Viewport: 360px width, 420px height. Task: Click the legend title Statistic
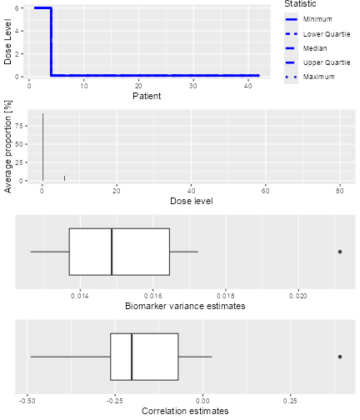pos(300,4)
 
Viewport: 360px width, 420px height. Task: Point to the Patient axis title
pos(147,97)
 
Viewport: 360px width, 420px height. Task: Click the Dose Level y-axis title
pos(7,42)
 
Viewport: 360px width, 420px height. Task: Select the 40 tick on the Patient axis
pos(247,86)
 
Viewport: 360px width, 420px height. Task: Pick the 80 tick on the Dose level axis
pos(340,191)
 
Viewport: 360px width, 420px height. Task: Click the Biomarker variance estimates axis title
pos(185,306)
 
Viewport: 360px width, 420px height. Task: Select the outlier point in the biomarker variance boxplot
pos(339,251)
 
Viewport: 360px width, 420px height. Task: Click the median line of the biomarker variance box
pos(112,251)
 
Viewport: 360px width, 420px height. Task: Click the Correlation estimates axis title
pos(185,412)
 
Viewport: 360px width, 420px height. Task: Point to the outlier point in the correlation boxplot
pos(339,356)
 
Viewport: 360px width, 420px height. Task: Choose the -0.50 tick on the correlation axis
pos(28,401)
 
